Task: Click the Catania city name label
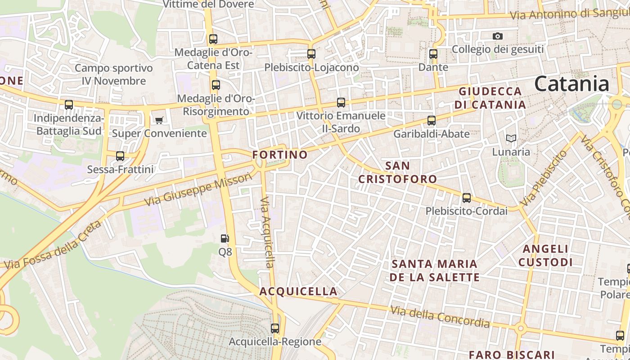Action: pyautogui.click(x=572, y=84)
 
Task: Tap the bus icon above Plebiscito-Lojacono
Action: pyautogui.click(x=311, y=54)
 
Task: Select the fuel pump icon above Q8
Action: pyautogui.click(x=225, y=238)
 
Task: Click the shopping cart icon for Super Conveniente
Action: pyautogui.click(x=159, y=120)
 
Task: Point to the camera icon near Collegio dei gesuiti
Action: pyautogui.click(x=497, y=36)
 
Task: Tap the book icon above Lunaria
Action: pyautogui.click(x=511, y=138)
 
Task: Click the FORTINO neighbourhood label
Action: pyautogui.click(x=280, y=155)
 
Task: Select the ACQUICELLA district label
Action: pyautogui.click(x=298, y=292)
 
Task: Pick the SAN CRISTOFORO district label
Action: pyautogui.click(x=397, y=172)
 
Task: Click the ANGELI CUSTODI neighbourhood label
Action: pyautogui.click(x=545, y=255)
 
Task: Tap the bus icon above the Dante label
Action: pyautogui.click(x=433, y=54)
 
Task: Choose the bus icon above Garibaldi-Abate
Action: pyautogui.click(x=431, y=121)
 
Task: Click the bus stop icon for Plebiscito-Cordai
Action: pyautogui.click(x=466, y=198)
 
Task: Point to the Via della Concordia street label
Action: pyautogui.click(x=440, y=316)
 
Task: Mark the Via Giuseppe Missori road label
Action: pyautogui.click(x=198, y=189)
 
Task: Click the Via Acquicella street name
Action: pyautogui.click(x=267, y=232)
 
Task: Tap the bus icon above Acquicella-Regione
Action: pyautogui.click(x=275, y=328)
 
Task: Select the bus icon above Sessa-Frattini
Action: pyautogui.click(x=120, y=156)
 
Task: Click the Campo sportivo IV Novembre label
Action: pyautogui.click(x=114, y=75)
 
